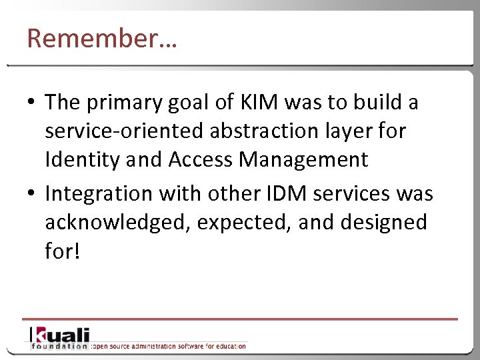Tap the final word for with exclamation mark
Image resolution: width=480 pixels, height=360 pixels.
pyautogui.click(x=62, y=251)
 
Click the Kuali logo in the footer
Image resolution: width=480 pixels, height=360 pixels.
pyautogui.click(x=59, y=335)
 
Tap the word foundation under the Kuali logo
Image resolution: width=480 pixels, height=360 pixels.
pyautogui.click(x=59, y=346)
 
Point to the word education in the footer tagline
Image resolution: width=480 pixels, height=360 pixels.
pyautogui.click(x=229, y=346)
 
